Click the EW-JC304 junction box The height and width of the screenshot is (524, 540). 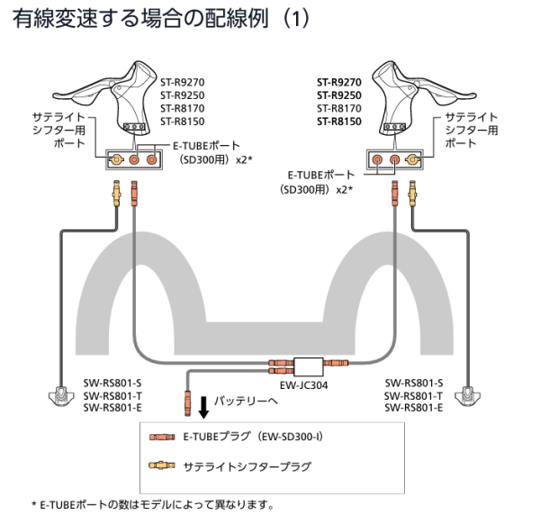310,366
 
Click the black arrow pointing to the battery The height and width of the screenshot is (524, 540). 204,408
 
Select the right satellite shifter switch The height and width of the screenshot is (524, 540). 468,395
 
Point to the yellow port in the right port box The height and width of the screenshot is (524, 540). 413,159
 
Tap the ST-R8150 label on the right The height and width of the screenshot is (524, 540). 338,122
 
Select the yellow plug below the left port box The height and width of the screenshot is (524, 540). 116,191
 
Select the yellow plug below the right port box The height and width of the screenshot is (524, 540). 413,191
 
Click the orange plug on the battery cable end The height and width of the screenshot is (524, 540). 187,397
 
